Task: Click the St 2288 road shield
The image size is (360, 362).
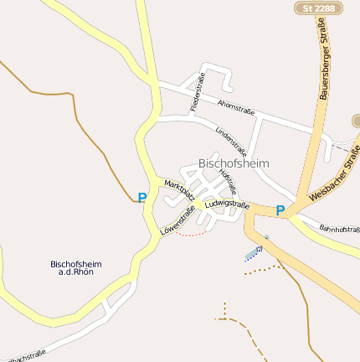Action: pyautogui.click(x=319, y=8)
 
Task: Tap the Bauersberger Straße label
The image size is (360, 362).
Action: pyautogui.click(x=324, y=64)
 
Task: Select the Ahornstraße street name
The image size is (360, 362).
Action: pyautogui.click(x=235, y=107)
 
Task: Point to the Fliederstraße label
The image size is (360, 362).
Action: pyautogui.click(x=198, y=93)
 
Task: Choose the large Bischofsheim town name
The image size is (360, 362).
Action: pyautogui.click(x=234, y=163)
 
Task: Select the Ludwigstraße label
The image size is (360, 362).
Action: pyautogui.click(x=227, y=204)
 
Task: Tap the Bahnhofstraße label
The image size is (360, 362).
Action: pyautogui.click(x=340, y=228)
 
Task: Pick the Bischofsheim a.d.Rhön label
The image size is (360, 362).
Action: pyautogui.click(x=75, y=268)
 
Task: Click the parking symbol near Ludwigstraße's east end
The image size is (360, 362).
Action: pyautogui.click(x=280, y=211)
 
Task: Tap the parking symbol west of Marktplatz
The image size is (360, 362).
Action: pyautogui.click(x=141, y=198)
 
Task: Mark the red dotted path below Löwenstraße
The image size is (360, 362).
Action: pyautogui.click(x=192, y=234)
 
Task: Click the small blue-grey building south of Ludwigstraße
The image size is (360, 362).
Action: pyautogui.click(x=253, y=253)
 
